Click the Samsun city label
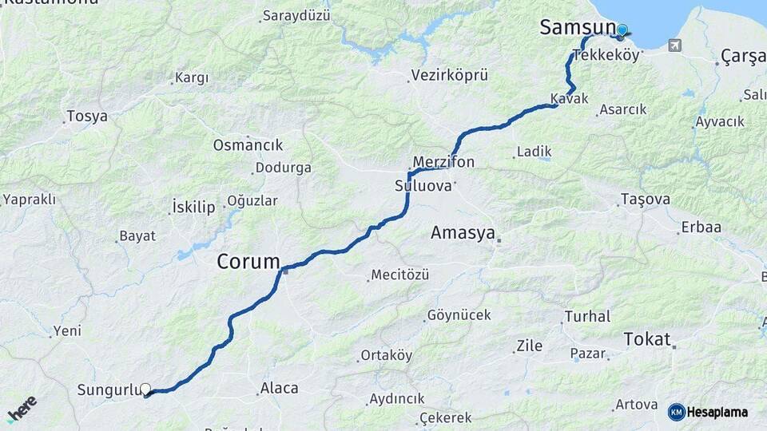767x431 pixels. pos(577,27)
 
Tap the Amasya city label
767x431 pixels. pos(463,233)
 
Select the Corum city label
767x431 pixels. pos(248,261)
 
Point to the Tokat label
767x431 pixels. pos(647,338)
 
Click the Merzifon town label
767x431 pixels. pos(443,162)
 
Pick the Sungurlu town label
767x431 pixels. pos(108,390)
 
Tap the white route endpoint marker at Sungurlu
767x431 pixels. pos(145,389)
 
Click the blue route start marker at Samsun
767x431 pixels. pos(622,30)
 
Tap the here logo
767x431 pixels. pos(22,409)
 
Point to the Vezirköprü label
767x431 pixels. pos(449,75)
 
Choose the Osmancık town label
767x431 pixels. pos(248,145)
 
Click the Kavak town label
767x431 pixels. pos(569,98)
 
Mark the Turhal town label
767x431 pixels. pos(587,316)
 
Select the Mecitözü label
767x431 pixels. pos(399,275)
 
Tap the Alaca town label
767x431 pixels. pos(279,389)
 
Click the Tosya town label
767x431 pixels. pos(87,117)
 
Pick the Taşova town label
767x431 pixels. pos(646,200)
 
